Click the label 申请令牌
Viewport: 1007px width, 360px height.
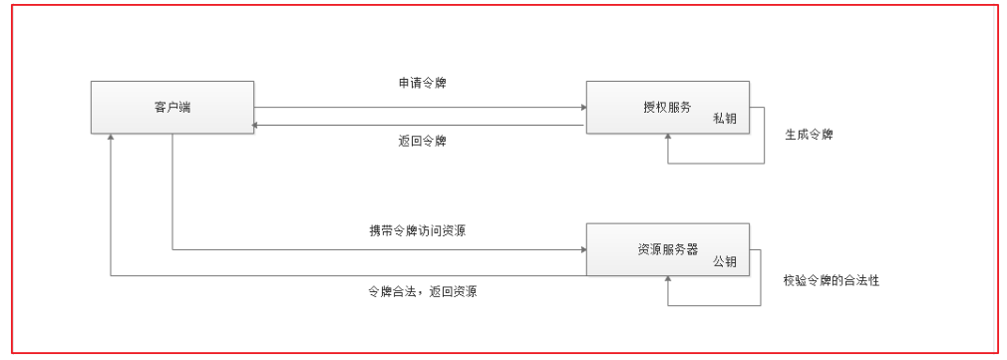point(416,82)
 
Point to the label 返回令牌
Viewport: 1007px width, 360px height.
point(416,141)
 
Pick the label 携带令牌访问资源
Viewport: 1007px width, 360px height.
point(417,230)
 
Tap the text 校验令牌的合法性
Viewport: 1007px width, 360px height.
point(832,280)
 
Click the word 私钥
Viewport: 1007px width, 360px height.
point(724,118)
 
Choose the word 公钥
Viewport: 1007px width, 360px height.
point(724,261)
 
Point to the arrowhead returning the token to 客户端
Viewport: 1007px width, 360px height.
point(259,126)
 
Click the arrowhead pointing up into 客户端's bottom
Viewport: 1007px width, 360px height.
point(112,138)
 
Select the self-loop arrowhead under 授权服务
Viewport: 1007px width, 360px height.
point(667,139)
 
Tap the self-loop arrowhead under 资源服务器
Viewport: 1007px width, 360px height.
point(667,281)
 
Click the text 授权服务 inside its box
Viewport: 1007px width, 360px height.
point(667,107)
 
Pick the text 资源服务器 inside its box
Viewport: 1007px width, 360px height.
point(667,250)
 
